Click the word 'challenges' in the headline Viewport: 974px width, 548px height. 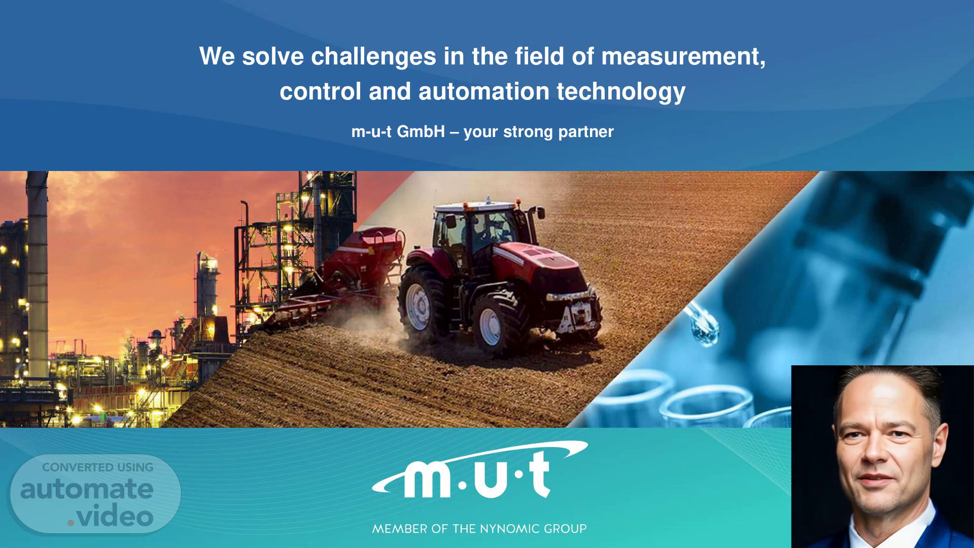click(x=373, y=56)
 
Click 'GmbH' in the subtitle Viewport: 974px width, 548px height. click(x=421, y=132)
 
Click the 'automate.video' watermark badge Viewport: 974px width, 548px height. click(x=95, y=494)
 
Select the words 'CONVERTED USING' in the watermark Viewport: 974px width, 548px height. click(x=97, y=467)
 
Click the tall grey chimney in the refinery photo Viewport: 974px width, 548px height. click(x=38, y=274)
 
